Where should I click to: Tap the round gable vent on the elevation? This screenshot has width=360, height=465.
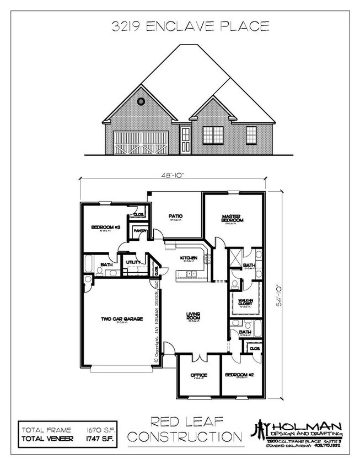tap(141, 101)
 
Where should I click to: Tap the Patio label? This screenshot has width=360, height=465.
tap(175, 216)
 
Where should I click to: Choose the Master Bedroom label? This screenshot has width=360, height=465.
tap(233, 218)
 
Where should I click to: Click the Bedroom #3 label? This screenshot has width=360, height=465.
tap(102, 227)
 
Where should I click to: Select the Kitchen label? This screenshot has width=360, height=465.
tap(189, 258)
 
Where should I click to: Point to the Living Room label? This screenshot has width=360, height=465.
tap(192, 317)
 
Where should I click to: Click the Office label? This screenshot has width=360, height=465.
tap(198, 375)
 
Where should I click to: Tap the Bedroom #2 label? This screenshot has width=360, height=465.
tap(238, 375)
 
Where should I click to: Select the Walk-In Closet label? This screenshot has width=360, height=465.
tap(244, 302)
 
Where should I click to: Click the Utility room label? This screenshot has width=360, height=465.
tap(132, 262)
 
